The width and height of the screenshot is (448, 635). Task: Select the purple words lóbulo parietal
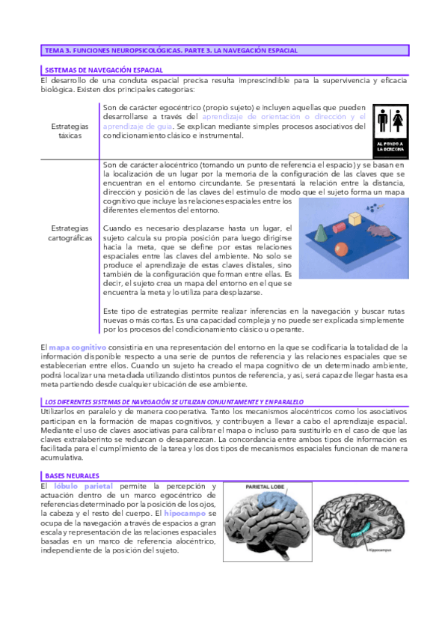click(84, 486)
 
